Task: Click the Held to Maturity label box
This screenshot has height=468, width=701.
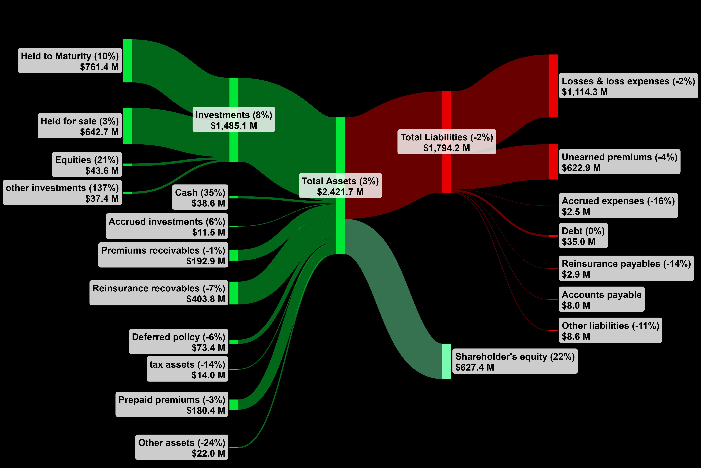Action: click(70, 61)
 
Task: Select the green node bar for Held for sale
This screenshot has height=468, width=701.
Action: click(127, 126)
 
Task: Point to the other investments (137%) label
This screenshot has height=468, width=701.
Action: click(62, 192)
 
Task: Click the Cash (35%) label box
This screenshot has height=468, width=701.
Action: click(200, 197)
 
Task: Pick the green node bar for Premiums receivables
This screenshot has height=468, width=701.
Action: click(234, 255)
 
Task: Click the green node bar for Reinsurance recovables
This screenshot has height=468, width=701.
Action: click(234, 293)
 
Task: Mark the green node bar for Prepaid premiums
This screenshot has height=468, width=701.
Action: click(234, 404)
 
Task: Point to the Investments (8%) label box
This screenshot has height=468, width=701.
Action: click(234, 119)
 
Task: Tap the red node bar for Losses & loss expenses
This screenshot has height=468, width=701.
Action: click(553, 86)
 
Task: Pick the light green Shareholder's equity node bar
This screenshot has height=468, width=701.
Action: click(447, 361)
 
